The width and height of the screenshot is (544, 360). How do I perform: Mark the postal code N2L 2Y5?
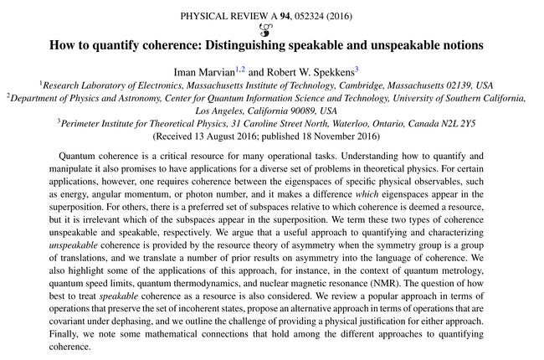pyautogui.click(x=455, y=122)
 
